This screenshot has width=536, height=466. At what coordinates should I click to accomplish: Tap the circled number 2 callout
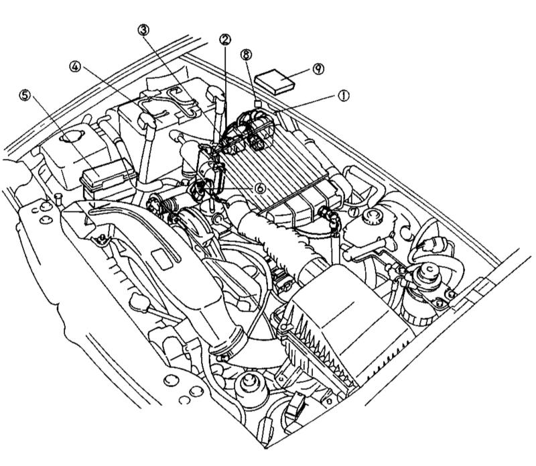(x=224, y=40)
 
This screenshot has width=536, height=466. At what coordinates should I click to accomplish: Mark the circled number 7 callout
(x=353, y=212)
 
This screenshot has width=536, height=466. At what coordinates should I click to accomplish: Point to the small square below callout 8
(x=257, y=103)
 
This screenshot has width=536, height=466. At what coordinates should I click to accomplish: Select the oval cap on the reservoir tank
(x=67, y=139)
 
